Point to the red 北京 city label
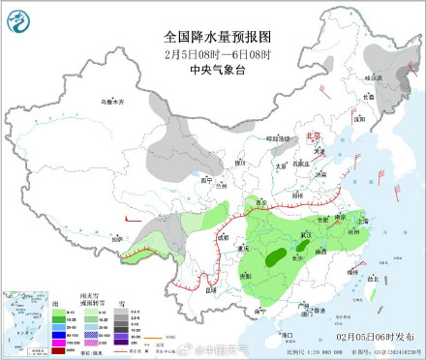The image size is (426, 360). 313,136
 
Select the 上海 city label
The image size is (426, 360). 362,221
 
